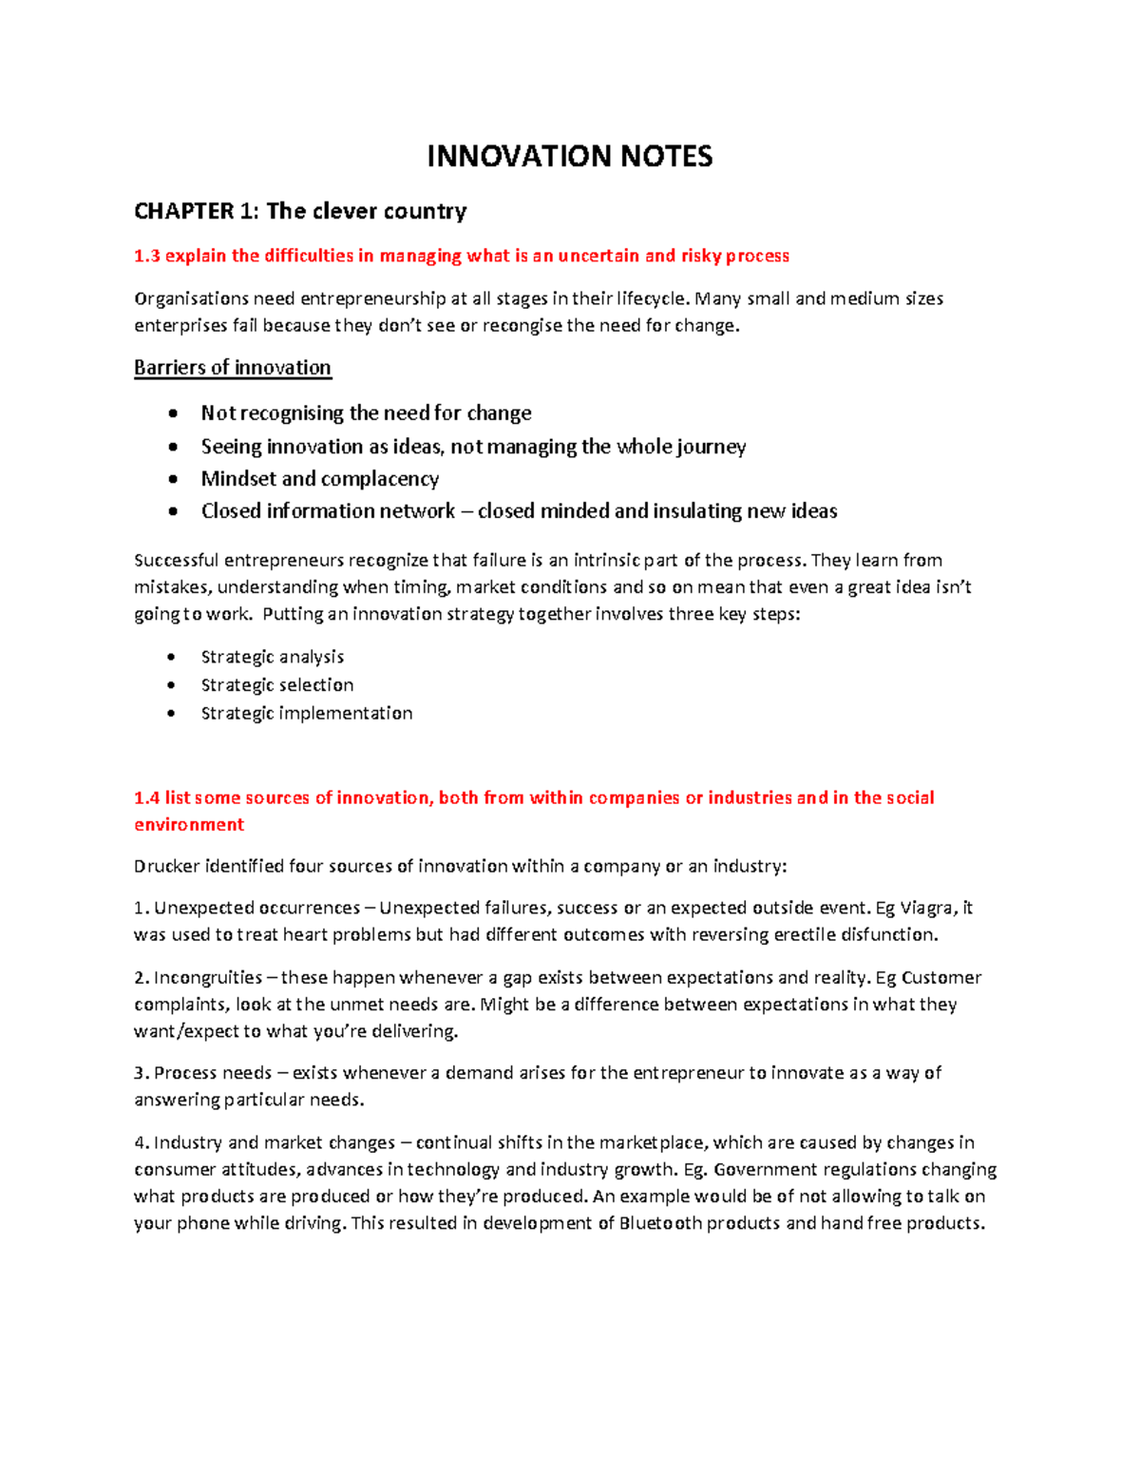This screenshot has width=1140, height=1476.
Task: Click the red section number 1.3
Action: coord(147,256)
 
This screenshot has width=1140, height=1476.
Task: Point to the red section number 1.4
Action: coord(147,797)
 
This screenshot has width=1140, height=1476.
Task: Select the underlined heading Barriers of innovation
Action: coord(233,368)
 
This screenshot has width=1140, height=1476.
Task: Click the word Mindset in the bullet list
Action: coord(237,479)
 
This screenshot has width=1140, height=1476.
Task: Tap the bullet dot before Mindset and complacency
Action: coord(172,479)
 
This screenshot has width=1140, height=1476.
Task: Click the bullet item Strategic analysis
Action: coord(273,657)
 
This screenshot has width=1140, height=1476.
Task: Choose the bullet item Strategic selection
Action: coord(277,685)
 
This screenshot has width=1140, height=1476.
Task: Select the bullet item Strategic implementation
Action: coord(307,714)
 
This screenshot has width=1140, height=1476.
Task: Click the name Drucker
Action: coord(167,867)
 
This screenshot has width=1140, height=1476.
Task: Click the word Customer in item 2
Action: coord(940,978)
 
